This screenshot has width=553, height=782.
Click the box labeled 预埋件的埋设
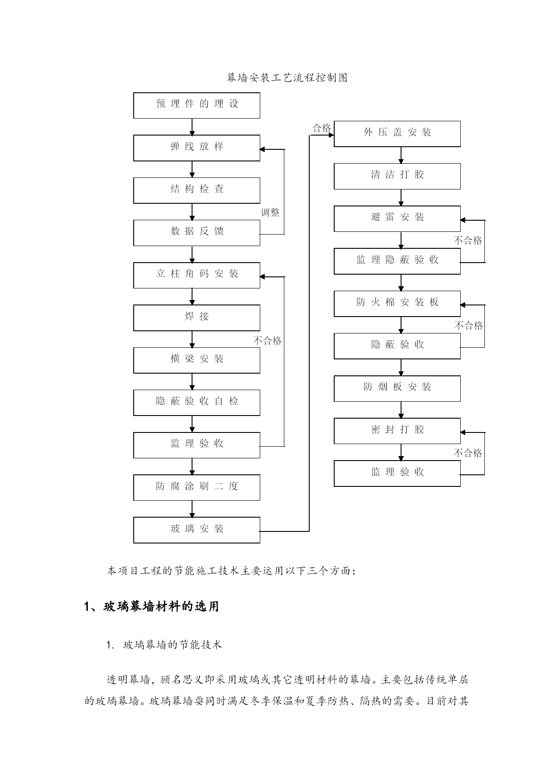tap(197, 106)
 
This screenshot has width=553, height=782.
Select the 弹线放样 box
tap(197, 148)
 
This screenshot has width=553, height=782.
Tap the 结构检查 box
tap(197, 190)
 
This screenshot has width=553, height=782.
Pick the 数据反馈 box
tap(197, 233)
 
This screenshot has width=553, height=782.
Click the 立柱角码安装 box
tap(197, 275)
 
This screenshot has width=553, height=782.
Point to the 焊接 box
tap(197, 318)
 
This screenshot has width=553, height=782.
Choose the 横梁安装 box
tap(197, 360)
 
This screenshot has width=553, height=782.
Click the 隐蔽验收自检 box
tap(197, 403)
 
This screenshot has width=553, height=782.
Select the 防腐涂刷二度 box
tap(197, 487)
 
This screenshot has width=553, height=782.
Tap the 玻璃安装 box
tap(197, 530)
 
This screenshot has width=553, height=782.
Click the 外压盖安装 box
tap(397, 134)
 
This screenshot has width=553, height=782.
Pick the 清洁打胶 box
tap(397, 176)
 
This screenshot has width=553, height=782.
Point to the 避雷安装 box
tap(397, 218)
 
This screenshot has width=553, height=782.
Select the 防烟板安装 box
tap(397, 388)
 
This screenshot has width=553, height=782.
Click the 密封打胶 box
tap(397, 431)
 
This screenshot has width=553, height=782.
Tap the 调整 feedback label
tap(270, 213)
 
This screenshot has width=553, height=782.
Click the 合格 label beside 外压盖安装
tap(322, 128)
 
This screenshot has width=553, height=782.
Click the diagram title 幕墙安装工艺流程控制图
tap(287, 78)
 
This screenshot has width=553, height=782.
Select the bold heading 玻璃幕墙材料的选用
tap(161, 606)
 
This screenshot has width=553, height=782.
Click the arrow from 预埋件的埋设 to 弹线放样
tap(192, 127)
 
